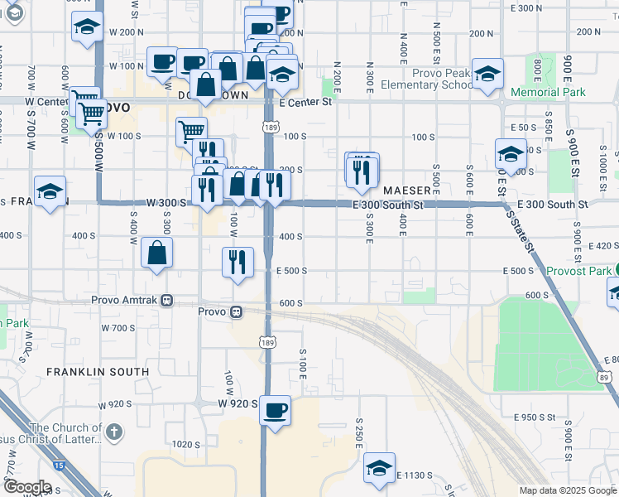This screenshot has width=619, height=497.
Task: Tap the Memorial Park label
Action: [x=548, y=92]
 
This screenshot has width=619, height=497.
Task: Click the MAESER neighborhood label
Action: [x=406, y=191]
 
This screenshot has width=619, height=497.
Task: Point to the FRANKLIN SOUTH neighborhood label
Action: [x=98, y=372]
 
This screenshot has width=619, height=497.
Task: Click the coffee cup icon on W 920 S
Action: [x=276, y=409]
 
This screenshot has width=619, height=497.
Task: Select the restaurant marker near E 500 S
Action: [x=238, y=262]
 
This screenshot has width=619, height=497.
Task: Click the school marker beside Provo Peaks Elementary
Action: [x=488, y=74]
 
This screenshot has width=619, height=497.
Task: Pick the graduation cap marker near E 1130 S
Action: [x=380, y=467]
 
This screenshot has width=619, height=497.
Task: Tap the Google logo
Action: [x=26, y=487]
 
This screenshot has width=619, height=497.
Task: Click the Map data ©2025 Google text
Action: [x=567, y=490]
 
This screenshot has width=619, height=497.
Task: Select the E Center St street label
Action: [x=305, y=103]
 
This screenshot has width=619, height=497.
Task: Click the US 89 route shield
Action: [x=604, y=377]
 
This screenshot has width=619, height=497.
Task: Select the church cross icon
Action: [x=114, y=432]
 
